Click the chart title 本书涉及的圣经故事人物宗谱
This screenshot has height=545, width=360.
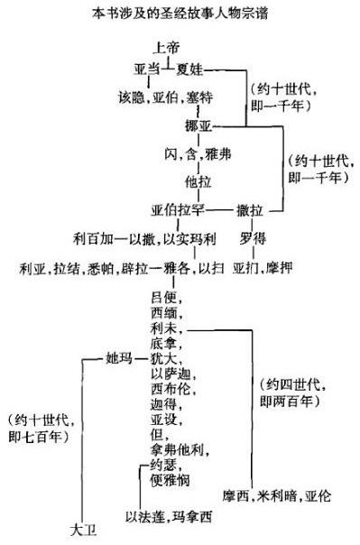(x=180, y=14)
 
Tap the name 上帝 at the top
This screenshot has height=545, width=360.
(x=166, y=48)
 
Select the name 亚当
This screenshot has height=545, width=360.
(x=147, y=69)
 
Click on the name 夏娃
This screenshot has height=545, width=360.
(x=189, y=69)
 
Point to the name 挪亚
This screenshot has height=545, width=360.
(x=198, y=125)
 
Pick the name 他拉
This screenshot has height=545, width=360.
(x=198, y=181)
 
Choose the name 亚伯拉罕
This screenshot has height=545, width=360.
(x=178, y=210)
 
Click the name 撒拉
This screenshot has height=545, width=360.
(x=250, y=210)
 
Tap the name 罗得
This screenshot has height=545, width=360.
(x=253, y=239)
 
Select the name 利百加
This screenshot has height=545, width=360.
(x=93, y=239)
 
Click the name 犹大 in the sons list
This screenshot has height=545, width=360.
(x=163, y=358)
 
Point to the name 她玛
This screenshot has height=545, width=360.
(x=119, y=358)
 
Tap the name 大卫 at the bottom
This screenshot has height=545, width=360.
(x=83, y=531)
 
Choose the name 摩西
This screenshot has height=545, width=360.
(x=236, y=496)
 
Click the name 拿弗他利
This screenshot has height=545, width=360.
(x=177, y=450)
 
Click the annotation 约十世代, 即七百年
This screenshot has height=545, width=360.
(x=41, y=429)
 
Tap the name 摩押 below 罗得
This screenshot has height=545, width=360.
(x=280, y=268)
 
